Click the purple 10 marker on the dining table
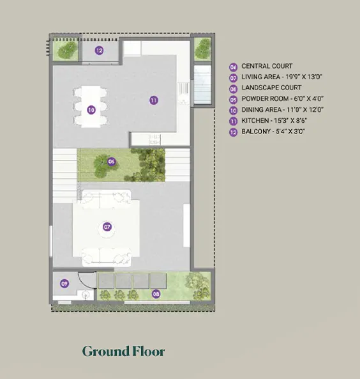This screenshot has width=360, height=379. click(x=91, y=110)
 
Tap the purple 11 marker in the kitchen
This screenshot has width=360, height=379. click(x=154, y=100)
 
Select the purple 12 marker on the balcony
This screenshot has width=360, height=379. click(x=99, y=50)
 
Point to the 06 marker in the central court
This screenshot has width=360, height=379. click(x=111, y=161)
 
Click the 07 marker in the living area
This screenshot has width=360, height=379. click(x=107, y=227)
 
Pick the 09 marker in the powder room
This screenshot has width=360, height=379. click(x=64, y=283)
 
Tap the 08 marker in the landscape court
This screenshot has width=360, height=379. click(x=156, y=294)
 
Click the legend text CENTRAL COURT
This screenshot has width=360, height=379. click(x=267, y=66)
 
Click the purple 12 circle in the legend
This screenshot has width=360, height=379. click(x=233, y=132)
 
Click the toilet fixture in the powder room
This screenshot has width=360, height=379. click(x=86, y=295)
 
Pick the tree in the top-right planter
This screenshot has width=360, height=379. click(x=203, y=49)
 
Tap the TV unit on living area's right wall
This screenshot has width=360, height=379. click(x=186, y=226)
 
